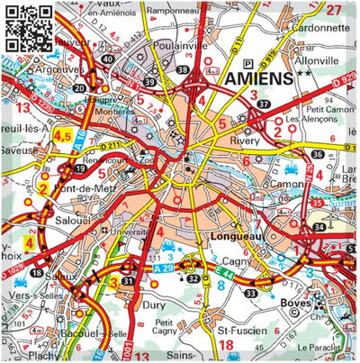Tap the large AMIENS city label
[256, 78]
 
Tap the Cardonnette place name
[319, 27]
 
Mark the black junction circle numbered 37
[263, 104]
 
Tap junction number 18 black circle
[36, 271]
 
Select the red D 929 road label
[347, 81]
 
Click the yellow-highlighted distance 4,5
[63, 136]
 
